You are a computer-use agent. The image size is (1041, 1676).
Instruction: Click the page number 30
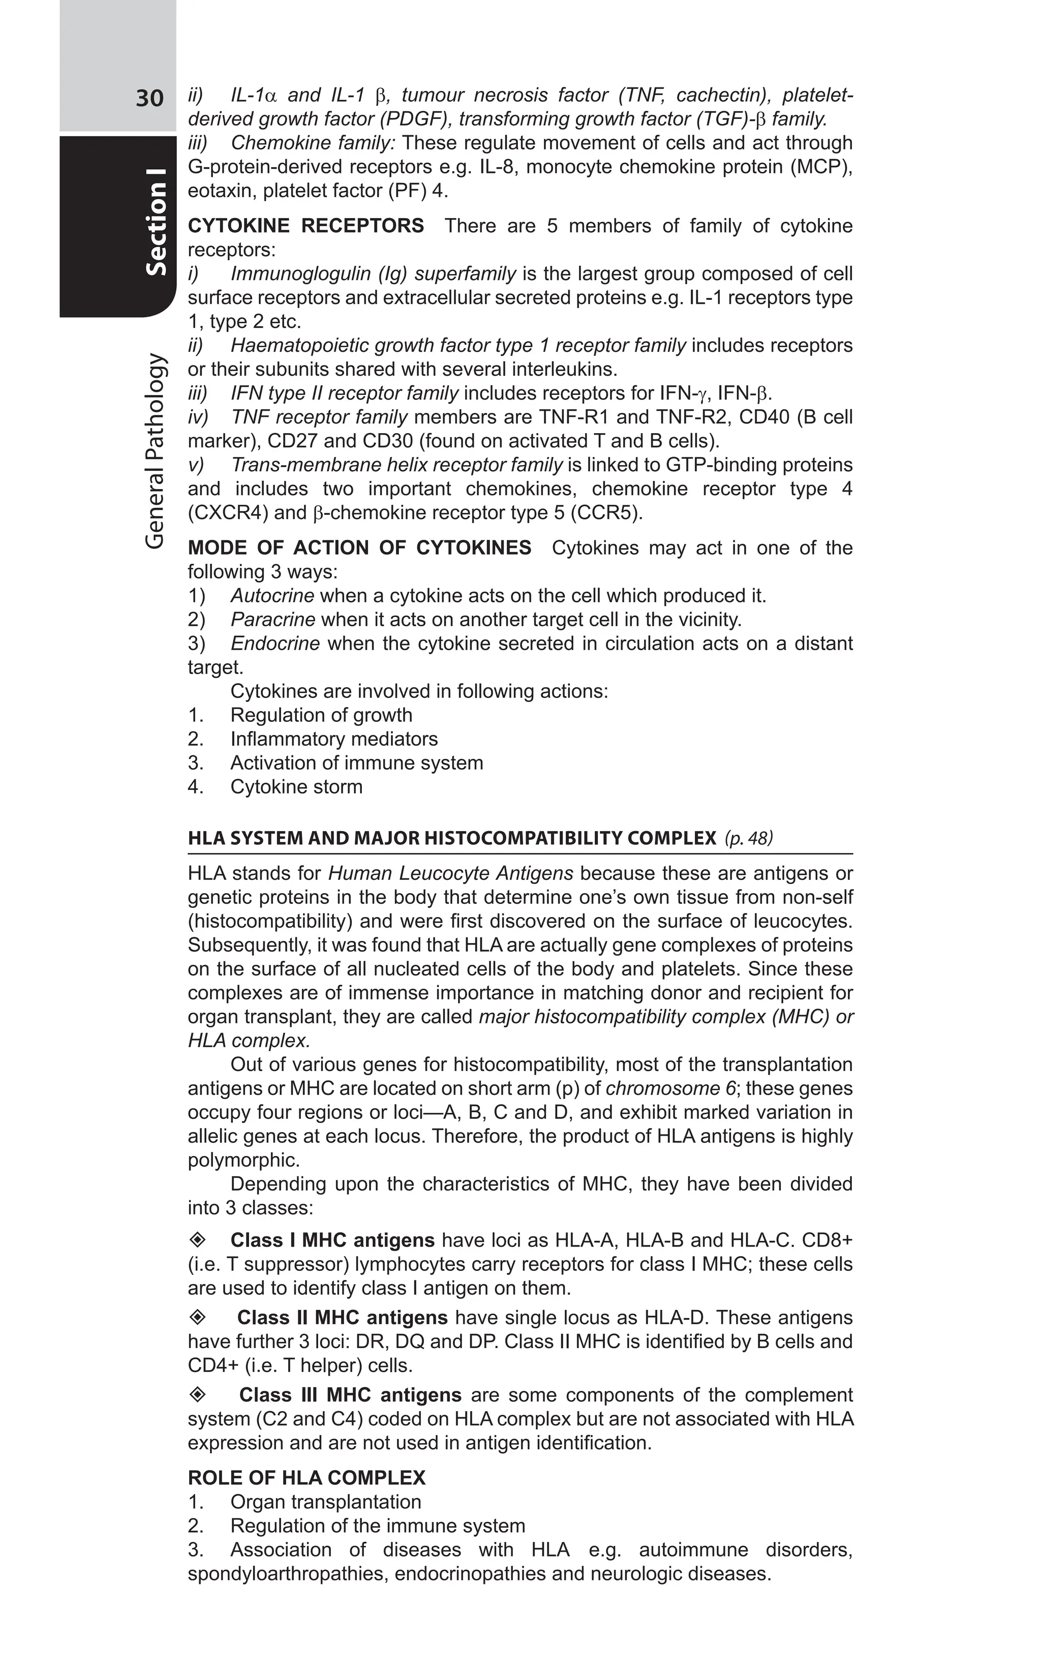[x=149, y=99]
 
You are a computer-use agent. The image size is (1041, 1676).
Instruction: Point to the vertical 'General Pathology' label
[x=156, y=451]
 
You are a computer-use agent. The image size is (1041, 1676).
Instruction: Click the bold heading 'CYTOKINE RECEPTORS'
[x=305, y=226]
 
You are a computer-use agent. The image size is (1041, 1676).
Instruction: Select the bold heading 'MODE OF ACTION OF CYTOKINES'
[x=359, y=548]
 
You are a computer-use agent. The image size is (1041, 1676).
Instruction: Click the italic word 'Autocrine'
[x=272, y=596]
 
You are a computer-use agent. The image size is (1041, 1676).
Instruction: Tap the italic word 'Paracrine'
[x=272, y=620]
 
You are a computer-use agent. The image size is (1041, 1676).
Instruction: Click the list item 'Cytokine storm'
[x=296, y=787]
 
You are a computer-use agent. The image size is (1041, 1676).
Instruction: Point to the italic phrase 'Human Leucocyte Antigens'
[x=450, y=874]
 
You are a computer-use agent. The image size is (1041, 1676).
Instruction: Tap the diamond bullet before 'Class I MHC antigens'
[x=198, y=1240]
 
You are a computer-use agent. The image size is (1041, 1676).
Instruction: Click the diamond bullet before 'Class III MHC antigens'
[x=198, y=1394]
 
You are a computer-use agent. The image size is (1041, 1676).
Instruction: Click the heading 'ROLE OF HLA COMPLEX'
[x=307, y=1478]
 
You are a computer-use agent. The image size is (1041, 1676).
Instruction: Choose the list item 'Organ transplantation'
[x=326, y=1502]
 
